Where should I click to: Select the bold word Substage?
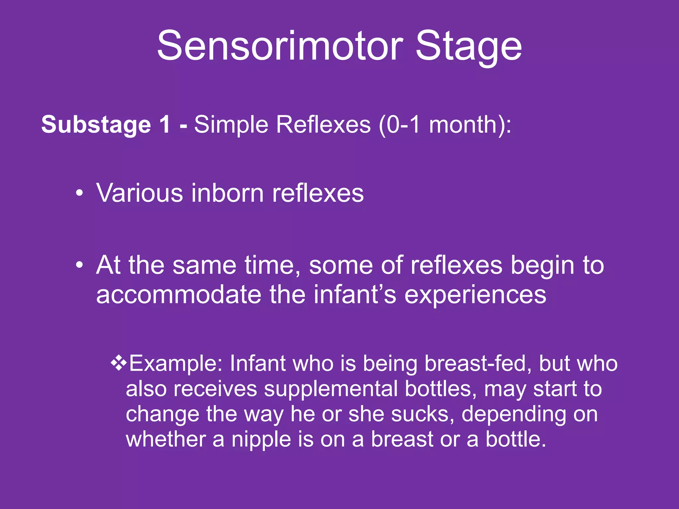click(96, 125)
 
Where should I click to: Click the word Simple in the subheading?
click(231, 125)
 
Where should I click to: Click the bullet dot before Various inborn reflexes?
click(79, 194)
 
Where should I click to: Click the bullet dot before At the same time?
click(79, 265)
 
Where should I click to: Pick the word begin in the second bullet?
click(543, 266)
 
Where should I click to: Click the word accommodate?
click(179, 294)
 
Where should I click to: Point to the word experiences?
click(475, 295)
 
